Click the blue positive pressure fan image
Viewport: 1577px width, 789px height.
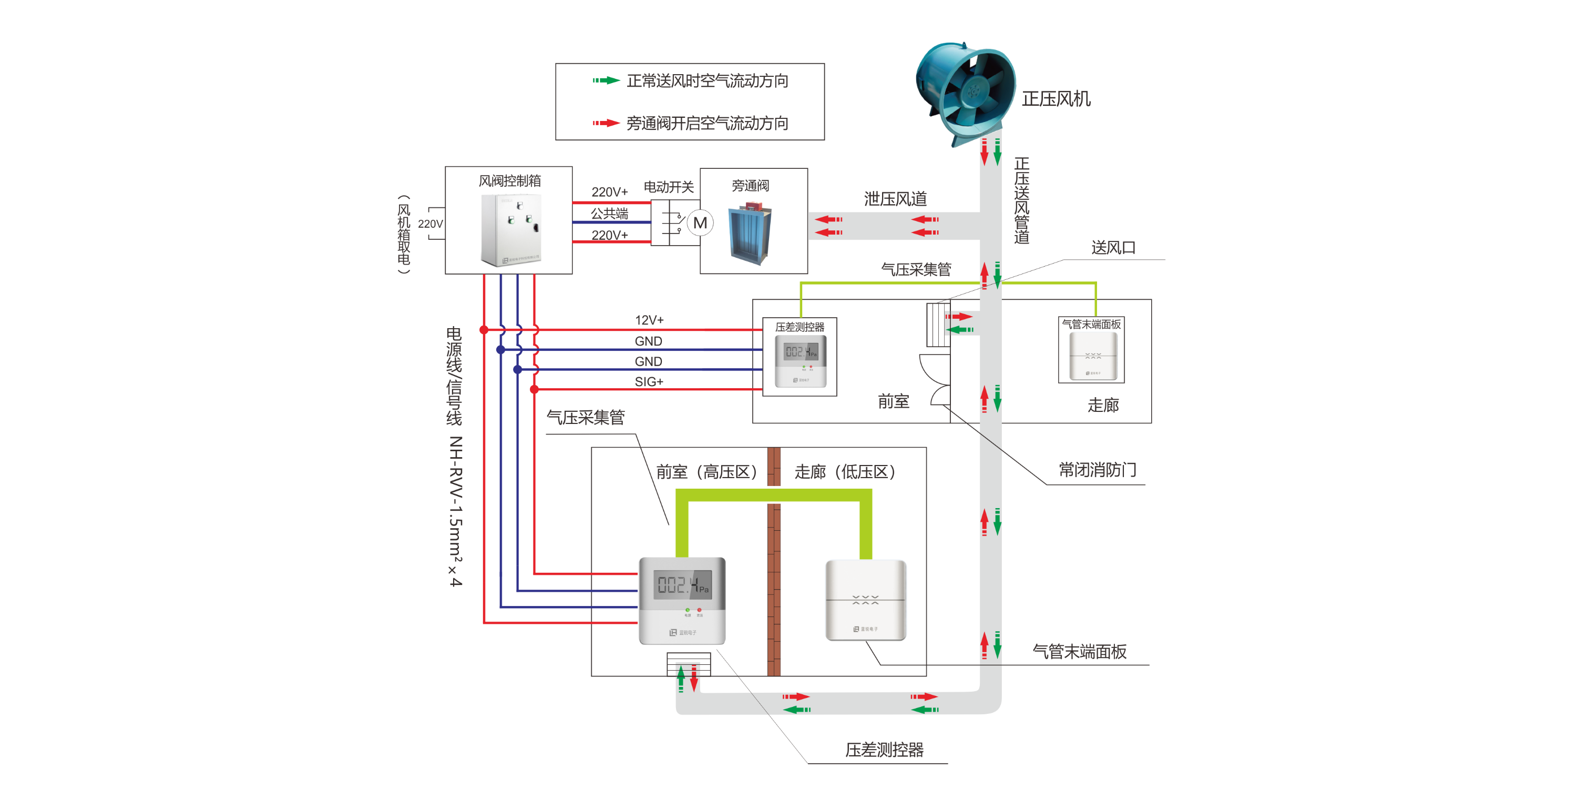click(x=966, y=92)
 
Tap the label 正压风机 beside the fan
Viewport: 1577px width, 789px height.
click(x=1056, y=99)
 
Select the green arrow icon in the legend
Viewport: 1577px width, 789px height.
click(x=606, y=80)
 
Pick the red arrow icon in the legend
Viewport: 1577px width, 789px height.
click(x=606, y=123)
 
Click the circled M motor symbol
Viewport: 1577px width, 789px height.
click(x=700, y=223)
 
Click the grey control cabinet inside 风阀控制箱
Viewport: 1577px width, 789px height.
click(x=510, y=230)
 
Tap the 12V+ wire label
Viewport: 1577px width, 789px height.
click(x=649, y=320)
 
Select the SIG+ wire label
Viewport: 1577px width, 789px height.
click(x=649, y=382)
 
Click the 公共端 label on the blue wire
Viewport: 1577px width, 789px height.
click(x=609, y=213)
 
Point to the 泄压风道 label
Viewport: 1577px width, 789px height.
click(x=895, y=199)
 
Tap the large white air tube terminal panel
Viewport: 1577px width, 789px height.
click(x=866, y=600)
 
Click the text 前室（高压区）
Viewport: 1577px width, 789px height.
click(x=708, y=472)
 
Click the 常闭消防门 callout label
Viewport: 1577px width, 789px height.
click(x=1097, y=470)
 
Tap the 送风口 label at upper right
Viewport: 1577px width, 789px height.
click(x=1113, y=247)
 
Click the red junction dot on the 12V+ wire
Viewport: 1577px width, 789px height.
click(x=484, y=330)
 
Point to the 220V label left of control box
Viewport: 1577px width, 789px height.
click(x=430, y=224)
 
